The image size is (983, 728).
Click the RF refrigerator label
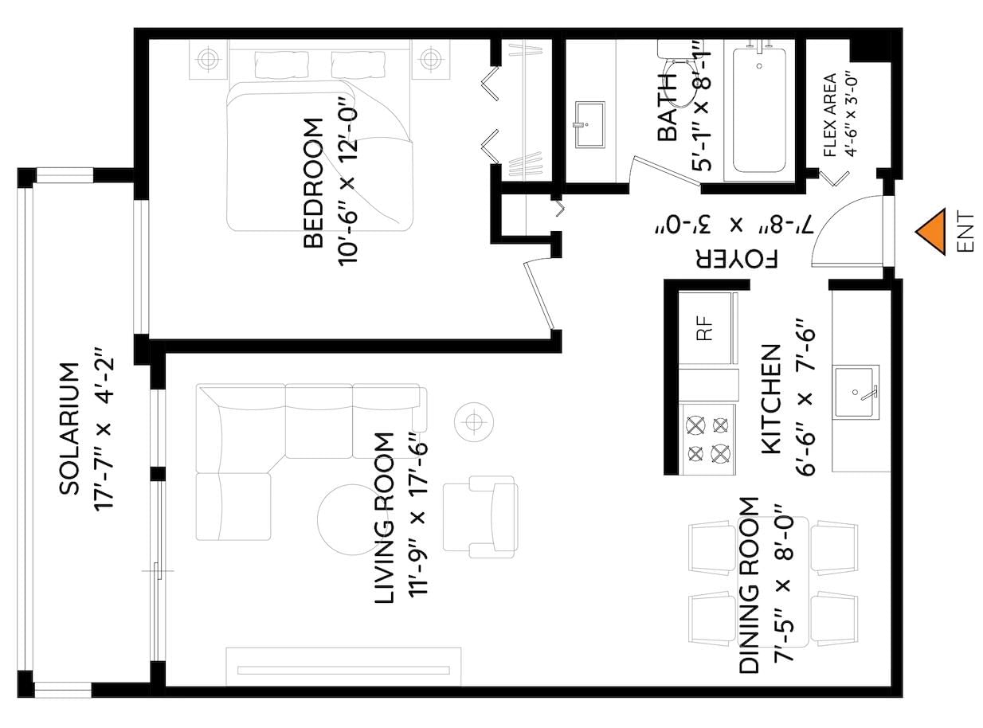pos(705,327)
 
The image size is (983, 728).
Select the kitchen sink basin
pos(856,392)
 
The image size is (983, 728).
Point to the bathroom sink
pos(590,124)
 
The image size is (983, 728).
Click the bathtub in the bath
pos(759,111)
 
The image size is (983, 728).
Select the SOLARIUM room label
pos(69,429)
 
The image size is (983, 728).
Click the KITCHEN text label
pos(770,399)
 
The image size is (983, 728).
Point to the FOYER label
pos(737,259)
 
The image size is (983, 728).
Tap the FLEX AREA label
pos(830,115)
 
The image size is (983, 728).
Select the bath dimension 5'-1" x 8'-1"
pos(701,106)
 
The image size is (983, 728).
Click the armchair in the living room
pos(480,517)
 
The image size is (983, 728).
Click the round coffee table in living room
pos(353,519)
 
